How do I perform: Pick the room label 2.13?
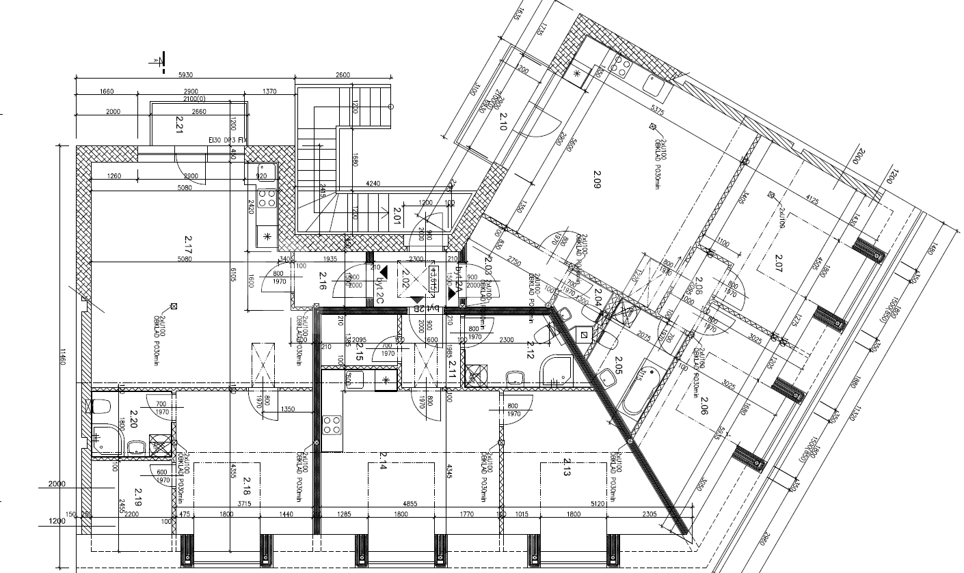(x=567, y=466)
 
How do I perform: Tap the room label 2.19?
(x=139, y=497)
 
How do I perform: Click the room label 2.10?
(x=503, y=122)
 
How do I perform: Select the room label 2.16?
(x=323, y=281)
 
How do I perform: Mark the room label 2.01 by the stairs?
(x=396, y=218)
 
